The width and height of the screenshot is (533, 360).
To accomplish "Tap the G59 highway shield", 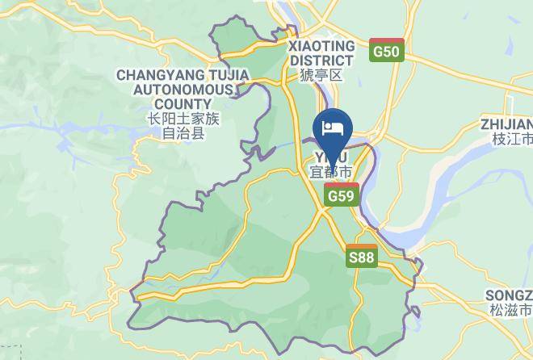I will click(342, 195).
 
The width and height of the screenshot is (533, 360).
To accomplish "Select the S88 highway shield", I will click(361, 256).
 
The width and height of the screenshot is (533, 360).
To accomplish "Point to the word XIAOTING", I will click(321, 46).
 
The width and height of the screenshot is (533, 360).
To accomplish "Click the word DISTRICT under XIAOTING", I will click(321, 60).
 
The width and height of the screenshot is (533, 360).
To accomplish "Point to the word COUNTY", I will click(183, 103).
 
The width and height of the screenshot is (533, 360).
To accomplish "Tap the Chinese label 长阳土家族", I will click(183, 119).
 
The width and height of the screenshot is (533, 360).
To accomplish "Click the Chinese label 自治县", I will click(183, 133).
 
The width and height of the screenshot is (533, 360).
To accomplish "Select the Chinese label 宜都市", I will click(331, 172).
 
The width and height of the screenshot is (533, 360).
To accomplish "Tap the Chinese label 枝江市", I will click(513, 139).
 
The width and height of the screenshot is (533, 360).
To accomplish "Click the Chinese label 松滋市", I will click(510, 310).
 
